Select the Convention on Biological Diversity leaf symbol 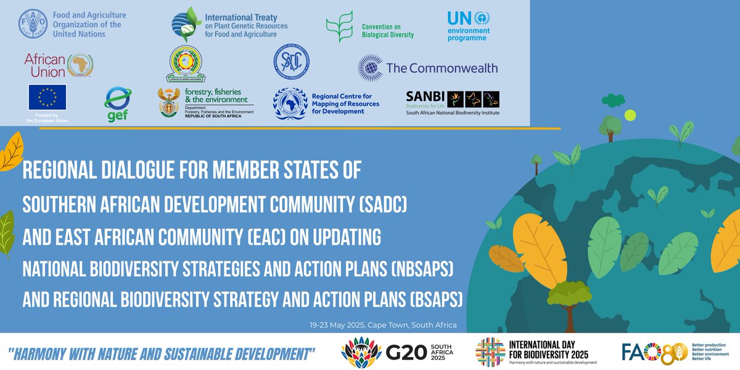(339, 26)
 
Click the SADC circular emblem (292, 66)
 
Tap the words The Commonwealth (442, 68)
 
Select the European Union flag (47, 97)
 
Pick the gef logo (117, 104)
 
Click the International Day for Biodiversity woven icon (490, 352)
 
